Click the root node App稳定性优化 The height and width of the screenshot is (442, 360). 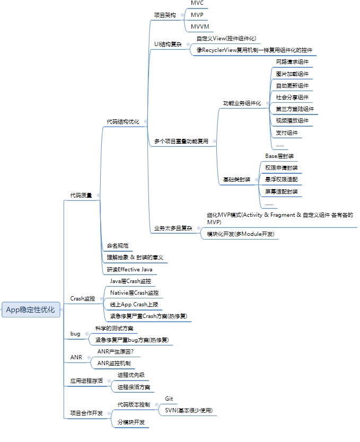click(30, 310)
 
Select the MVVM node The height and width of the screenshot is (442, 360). click(200, 26)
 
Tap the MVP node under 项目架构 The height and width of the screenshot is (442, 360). click(197, 15)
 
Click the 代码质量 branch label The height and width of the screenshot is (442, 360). click(81, 195)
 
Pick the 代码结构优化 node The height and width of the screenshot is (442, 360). click(123, 121)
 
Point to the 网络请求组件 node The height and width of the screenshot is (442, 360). click(292, 62)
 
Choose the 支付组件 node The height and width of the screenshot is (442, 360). click(287, 132)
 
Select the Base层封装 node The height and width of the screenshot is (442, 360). click(279, 156)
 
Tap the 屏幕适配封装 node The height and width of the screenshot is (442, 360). click(282, 191)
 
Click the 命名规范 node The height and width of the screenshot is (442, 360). click(118, 246)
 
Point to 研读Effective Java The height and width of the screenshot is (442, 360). click(129, 270)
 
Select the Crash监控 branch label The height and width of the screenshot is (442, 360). click(83, 298)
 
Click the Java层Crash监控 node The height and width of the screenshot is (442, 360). click(134, 281)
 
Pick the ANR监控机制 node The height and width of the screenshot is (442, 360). click(114, 363)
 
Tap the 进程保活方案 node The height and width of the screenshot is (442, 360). click(134, 387)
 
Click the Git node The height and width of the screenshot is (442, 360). click(169, 399)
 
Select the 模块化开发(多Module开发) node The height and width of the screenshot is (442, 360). click(242, 234)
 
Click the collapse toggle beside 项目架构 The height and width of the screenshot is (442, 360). click(181, 15)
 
